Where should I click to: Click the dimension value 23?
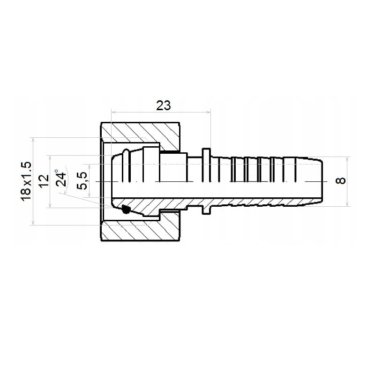pyautogui.click(x=164, y=105)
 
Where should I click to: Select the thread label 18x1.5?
pyautogui.click(x=26, y=181)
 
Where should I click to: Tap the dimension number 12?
pyautogui.click(x=44, y=181)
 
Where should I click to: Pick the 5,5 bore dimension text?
pyautogui.click(x=82, y=181)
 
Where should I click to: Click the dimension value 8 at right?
pyautogui.click(x=341, y=181)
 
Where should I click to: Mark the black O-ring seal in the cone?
pyautogui.click(x=125, y=209)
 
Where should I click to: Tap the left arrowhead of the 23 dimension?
pyautogui.click(x=113, y=112)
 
